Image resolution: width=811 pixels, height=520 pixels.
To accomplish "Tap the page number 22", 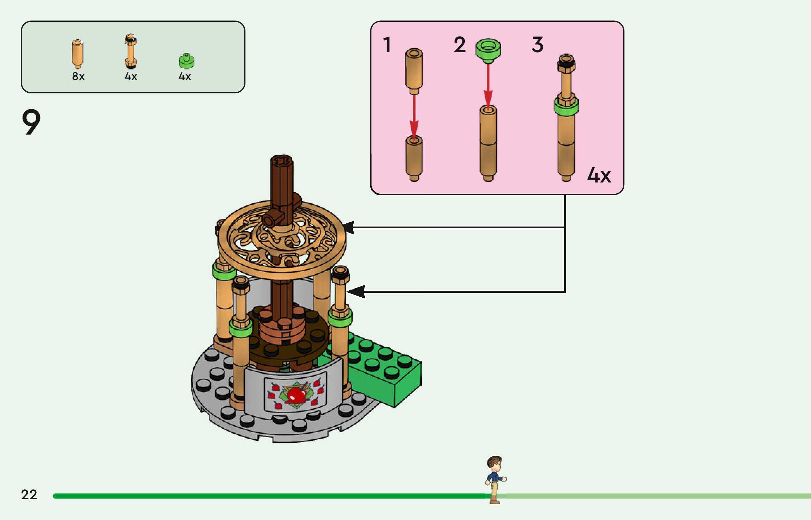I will tap(29, 495).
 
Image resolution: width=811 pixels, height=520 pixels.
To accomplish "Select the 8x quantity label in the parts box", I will tap(78, 76).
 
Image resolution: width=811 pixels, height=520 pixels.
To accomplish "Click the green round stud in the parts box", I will tap(187, 61).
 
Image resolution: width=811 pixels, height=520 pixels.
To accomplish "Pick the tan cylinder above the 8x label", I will tap(77, 54).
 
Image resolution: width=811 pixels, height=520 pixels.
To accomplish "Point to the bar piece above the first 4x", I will tap(131, 51).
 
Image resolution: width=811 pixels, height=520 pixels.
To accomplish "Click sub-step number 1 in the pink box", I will tap(387, 45).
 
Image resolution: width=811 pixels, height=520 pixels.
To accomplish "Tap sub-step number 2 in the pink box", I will tap(460, 45).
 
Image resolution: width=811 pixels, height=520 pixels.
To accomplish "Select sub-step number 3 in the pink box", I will tap(537, 45).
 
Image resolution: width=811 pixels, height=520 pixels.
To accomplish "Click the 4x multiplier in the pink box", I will tap(599, 175).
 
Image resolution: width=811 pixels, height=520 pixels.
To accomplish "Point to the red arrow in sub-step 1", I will tap(414, 116).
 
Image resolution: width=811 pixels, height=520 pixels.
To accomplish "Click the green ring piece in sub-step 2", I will tap(488, 49).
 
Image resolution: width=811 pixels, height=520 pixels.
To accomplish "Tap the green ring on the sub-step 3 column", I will tap(566, 107).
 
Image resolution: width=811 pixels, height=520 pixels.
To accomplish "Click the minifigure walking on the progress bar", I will tap(495, 479).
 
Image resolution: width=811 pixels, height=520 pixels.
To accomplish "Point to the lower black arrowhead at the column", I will tap(356, 292).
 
